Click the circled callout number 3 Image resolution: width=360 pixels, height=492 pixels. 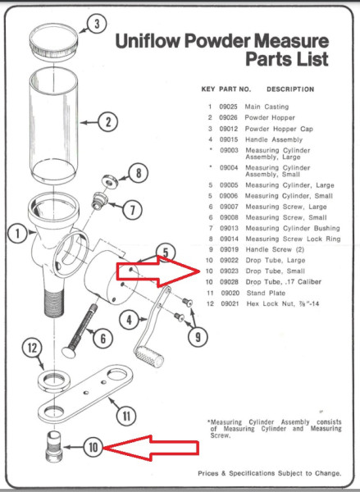pyautogui.click(x=96, y=24)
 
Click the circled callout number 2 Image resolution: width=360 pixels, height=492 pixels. pyautogui.click(x=107, y=123)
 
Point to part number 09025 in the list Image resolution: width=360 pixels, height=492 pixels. pyautogui.click(x=226, y=107)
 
